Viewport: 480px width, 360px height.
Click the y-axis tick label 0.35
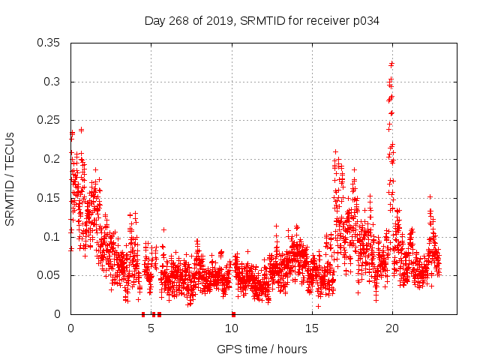(x=51, y=43)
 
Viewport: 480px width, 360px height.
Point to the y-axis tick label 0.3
(x=54, y=82)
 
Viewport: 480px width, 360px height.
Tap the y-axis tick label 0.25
(x=51, y=121)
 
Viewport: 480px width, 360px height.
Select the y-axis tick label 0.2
(x=54, y=159)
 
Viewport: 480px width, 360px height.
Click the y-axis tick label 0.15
(x=51, y=198)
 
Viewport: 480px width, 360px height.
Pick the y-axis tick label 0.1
(x=54, y=237)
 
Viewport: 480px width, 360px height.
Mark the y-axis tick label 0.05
(x=51, y=275)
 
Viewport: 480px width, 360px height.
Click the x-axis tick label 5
(x=151, y=328)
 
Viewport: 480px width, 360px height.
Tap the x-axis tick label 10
(x=232, y=328)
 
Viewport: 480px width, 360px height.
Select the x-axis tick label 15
(x=312, y=328)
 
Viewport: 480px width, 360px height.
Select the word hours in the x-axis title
(x=291, y=349)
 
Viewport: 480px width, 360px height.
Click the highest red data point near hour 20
(x=391, y=64)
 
